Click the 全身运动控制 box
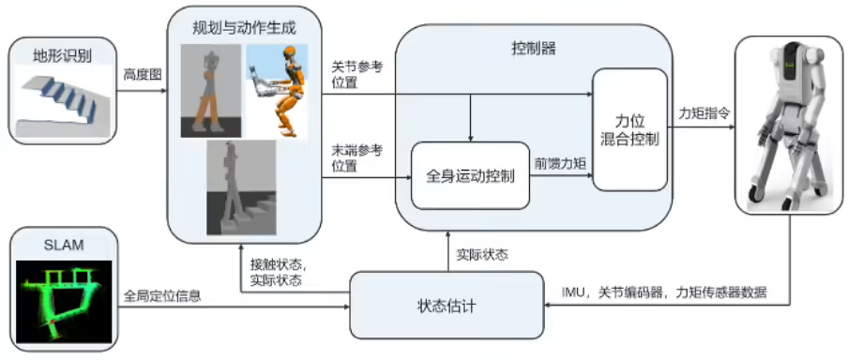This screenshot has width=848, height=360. coord(470,175)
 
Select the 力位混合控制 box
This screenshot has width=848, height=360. coord(630,129)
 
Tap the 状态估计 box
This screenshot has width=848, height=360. coord(446,305)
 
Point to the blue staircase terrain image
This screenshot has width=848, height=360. coord(62,100)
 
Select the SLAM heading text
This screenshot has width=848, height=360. coord(63,246)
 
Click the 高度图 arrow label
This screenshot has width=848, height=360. coord(143,71)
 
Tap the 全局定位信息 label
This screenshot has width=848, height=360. coord(162,294)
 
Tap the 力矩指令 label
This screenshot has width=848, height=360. coord(705,111)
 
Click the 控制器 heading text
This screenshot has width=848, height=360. coord(534,47)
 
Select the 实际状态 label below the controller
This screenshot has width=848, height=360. coord(480,253)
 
